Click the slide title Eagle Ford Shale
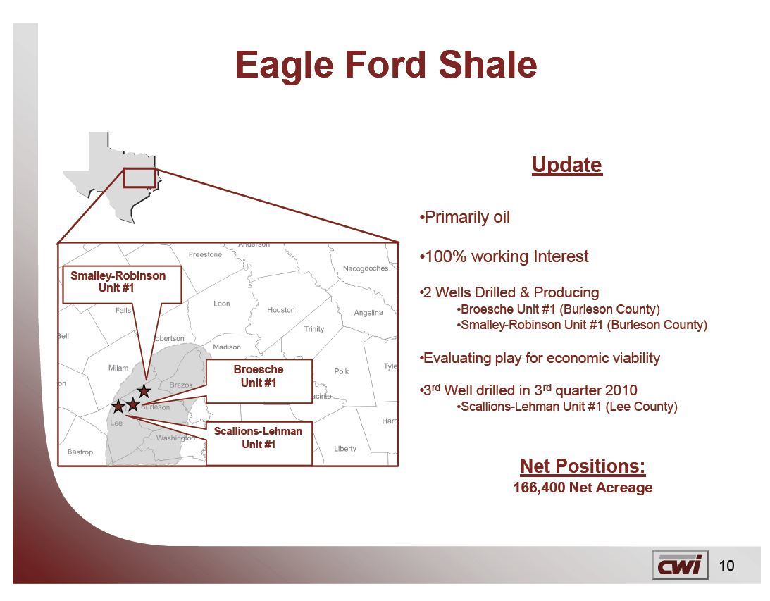(386, 66)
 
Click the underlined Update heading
(566, 165)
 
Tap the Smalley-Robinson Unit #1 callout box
(122, 285)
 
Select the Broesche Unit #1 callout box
(259, 381)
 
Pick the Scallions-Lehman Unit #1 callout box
(259, 443)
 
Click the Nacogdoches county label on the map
(366, 268)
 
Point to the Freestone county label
(205, 254)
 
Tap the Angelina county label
(368, 313)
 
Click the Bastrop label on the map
(80, 452)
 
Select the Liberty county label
(345, 449)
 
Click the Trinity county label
(314, 329)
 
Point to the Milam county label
(118, 368)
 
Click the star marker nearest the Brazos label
(144, 391)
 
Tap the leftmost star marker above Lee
(118, 406)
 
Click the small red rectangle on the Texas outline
(139, 178)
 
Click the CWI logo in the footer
(681, 565)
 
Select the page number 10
(726, 566)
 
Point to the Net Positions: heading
(583, 466)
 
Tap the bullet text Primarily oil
(465, 217)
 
